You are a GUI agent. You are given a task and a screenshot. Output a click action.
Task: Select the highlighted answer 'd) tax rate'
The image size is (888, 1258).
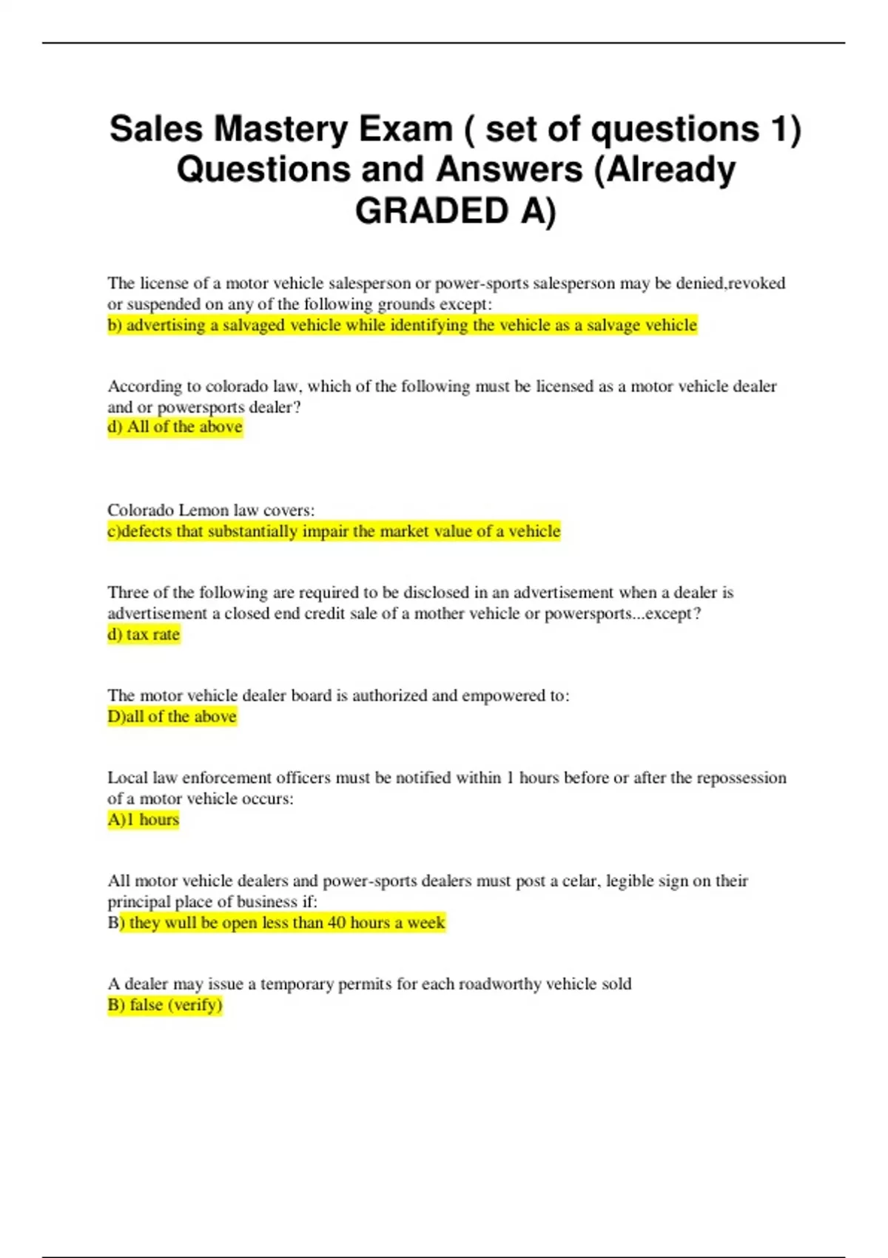pos(144,634)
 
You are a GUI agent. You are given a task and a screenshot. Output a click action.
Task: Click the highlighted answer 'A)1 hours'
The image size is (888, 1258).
pos(144,819)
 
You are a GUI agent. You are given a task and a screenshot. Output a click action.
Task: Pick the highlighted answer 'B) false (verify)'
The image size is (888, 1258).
pos(165,1004)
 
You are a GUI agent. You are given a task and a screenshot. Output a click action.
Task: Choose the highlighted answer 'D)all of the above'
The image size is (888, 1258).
pos(172,716)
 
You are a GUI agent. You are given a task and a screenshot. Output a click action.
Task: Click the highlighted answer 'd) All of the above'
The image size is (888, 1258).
pos(175,427)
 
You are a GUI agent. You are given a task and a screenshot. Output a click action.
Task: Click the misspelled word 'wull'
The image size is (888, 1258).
pos(181,923)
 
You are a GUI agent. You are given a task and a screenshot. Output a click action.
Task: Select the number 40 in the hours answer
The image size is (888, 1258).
pos(337,923)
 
